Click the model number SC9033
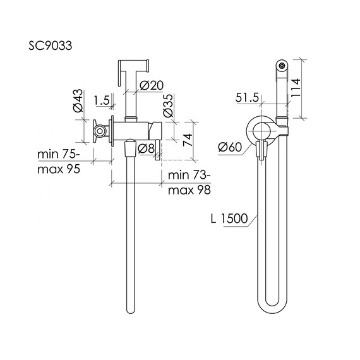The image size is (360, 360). click(51, 45)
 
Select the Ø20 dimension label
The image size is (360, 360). click(152, 85)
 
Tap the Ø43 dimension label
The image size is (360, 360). click(78, 100)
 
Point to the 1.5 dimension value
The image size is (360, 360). click(102, 100)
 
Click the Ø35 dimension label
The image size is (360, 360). click(168, 105)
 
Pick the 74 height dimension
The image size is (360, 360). click(188, 140)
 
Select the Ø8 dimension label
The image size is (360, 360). click(147, 149)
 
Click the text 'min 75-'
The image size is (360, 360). click(59, 154)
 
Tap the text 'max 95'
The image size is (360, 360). click(59, 169)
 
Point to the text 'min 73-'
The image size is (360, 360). click(189, 175)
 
